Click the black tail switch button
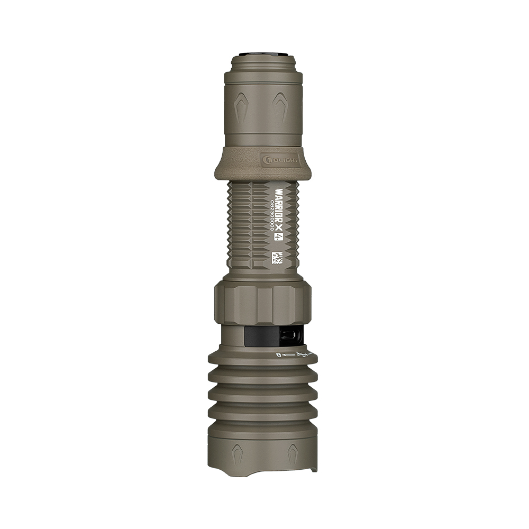coord(264,55)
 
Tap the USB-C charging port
coord(291,335)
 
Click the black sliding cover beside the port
coord(262,335)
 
